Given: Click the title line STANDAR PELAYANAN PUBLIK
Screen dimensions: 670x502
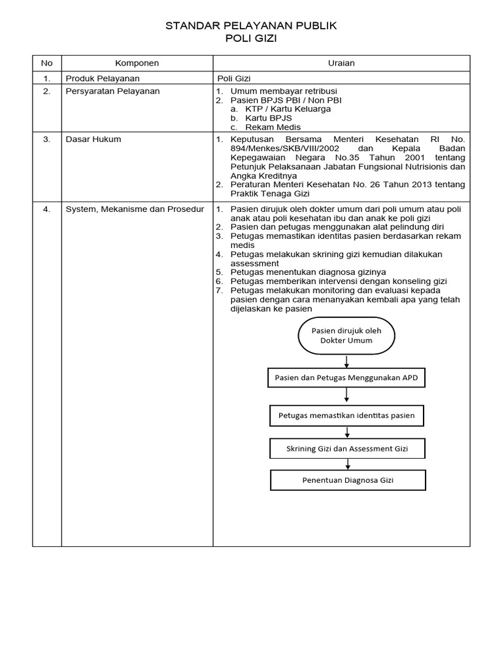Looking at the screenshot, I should pos(251,26).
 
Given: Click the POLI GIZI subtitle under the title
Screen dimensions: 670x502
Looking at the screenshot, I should pos(251,39).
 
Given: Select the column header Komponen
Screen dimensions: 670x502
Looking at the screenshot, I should pos(137,63).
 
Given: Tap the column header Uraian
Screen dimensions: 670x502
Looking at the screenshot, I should pos(341,63).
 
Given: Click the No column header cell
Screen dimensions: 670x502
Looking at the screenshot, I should pos(46,63).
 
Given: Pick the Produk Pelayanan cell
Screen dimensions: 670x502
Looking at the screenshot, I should pos(103,78).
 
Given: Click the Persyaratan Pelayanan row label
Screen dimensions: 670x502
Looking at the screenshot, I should pos(112,91).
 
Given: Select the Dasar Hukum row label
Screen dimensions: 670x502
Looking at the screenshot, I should pos(93,139).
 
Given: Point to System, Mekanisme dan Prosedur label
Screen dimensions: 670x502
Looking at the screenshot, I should pos(135,209).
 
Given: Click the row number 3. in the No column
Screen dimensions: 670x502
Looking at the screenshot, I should pos(46,139).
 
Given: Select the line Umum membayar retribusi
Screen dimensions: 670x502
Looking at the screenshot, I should pos(284,91).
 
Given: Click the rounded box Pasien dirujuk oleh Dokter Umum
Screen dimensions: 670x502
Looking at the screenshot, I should pos(346,336).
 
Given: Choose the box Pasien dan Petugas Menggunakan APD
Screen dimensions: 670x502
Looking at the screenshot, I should pos(347,378).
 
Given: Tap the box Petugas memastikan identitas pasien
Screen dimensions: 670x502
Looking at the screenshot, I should pos(347,415).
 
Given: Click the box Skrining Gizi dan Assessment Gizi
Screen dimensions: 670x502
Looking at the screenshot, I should pos(347,449).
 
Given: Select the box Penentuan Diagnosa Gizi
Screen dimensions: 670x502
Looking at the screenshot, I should pos(348,480).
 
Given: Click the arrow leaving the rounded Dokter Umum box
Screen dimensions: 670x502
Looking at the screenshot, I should pos(346,361).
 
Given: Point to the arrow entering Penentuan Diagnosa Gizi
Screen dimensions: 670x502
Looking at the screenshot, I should pos(348,465).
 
